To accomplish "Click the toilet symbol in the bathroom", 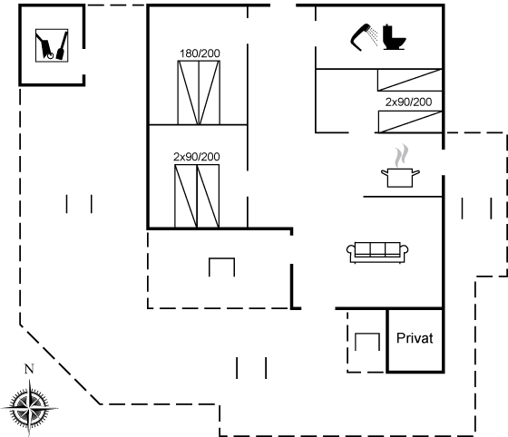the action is (395, 37).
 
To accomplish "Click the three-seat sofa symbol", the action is (377, 252).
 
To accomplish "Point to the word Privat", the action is (415, 338).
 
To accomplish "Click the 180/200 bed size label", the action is (200, 53).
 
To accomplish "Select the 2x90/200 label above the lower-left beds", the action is (197, 157).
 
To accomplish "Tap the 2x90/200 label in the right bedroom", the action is (408, 102).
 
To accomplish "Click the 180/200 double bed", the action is (199, 92).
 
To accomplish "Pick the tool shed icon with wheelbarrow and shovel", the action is (52, 45).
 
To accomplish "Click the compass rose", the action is (29, 407).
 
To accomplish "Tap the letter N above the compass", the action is (29, 369).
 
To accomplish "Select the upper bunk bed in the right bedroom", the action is (410, 80).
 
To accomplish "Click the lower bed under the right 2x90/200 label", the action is (410, 121).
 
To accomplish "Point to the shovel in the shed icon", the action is (62, 45).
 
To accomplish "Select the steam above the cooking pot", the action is (401, 155).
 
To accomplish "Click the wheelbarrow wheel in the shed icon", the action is (50, 55).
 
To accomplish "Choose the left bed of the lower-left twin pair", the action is (186, 196).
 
